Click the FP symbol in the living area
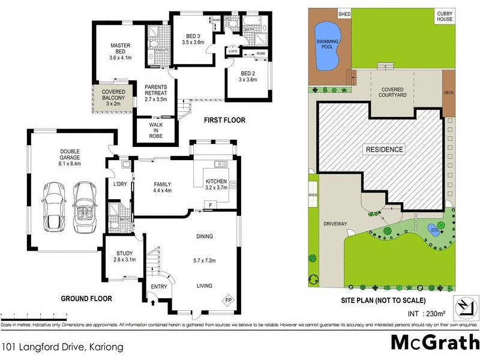pyautogui.click(x=229, y=300)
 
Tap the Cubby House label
pyautogui.click(x=445, y=17)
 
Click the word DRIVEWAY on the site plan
pyautogui.click(x=335, y=224)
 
